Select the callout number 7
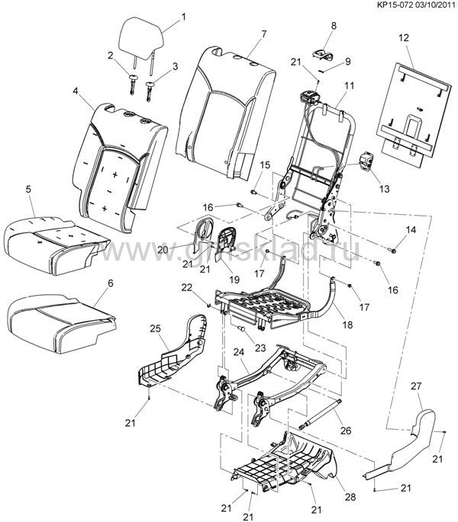click(x=264, y=34)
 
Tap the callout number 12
click(x=403, y=37)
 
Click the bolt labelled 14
click(x=392, y=250)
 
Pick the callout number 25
click(x=155, y=328)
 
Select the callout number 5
click(x=28, y=190)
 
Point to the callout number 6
click(x=111, y=283)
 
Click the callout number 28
click(x=350, y=497)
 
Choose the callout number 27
click(x=416, y=386)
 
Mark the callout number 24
click(x=239, y=352)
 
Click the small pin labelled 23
click(x=242, y=329)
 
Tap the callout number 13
click(x=384, y=189)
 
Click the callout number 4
click(x=76, y=91)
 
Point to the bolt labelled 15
click(x=253, y=192)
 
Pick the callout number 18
click(x=347, y=325)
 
